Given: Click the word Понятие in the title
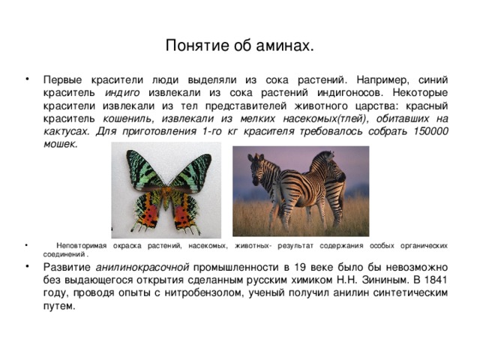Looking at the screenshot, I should (191, 46).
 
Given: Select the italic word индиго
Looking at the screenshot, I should (123, 92).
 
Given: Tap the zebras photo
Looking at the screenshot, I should (301, 191).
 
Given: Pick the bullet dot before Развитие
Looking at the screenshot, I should (28, 267).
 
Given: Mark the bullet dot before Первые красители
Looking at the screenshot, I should (28, 79).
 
